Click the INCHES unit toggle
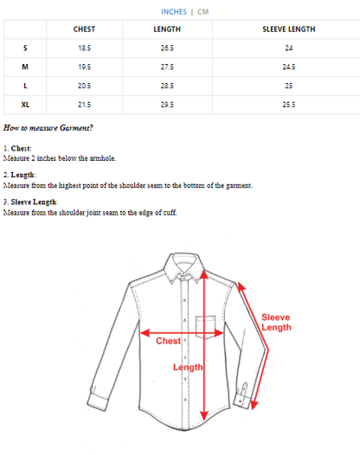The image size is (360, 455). click(174, 12)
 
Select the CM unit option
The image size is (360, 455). click(202, 12)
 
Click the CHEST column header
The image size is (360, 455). click(84, 29)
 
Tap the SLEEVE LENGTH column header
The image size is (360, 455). click(289, 29)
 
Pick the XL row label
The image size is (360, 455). click(25, 105)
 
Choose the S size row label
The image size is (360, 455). click(25, 48)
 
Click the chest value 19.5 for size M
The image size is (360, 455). click(84, 67)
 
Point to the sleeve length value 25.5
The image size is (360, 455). click(289, 105)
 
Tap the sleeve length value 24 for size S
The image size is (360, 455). click(289, 48)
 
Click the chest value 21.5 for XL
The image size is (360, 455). click(84, 105)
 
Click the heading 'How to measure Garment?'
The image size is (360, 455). click(48, 128)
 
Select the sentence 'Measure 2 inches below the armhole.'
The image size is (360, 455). click(60, 158)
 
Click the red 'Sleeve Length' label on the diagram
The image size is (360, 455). click(276, 322)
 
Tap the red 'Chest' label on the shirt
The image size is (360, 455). click(168, 341)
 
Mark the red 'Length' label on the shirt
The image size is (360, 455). click(188, 367)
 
